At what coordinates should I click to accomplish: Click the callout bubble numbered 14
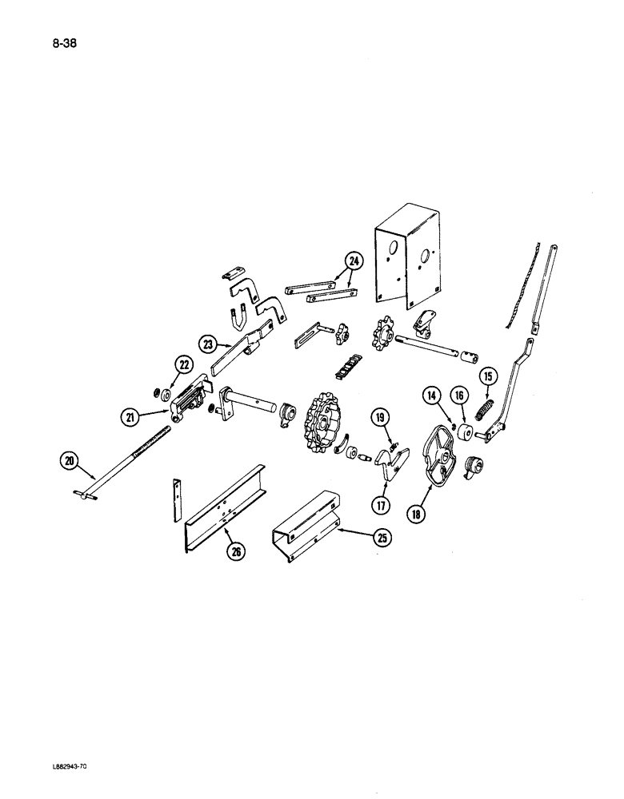coord(432,396)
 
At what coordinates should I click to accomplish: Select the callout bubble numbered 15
coord(486,376)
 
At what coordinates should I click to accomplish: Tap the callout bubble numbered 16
coord(458,396)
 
